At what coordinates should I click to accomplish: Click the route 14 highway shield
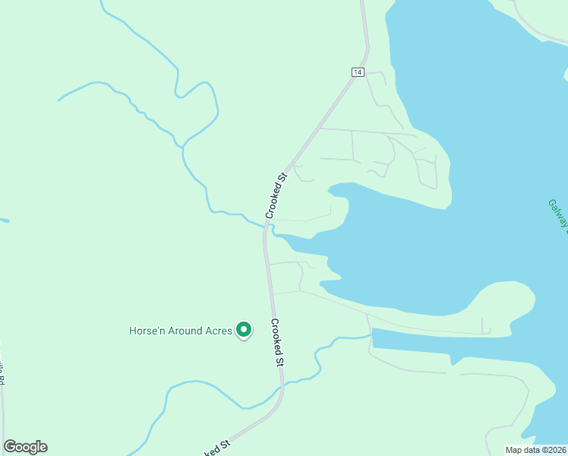[358, 72]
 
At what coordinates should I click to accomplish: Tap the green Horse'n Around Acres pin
[244, 330]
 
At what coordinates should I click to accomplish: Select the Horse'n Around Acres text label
[181, 331]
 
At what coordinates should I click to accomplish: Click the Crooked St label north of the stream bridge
[276, 196]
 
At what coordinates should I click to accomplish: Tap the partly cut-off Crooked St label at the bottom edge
[216, 448]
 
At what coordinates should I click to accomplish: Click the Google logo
[25, 447]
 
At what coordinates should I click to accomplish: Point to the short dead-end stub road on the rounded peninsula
[484, 325]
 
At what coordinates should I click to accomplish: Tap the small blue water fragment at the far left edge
[4, 220]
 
